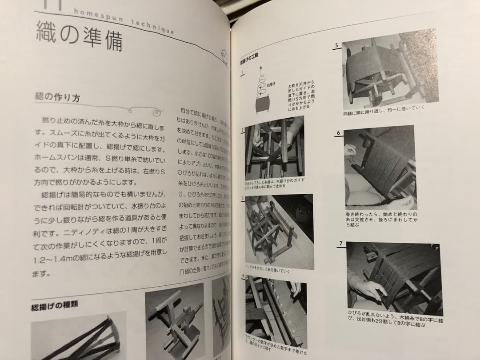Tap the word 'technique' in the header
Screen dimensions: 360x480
[152, 26]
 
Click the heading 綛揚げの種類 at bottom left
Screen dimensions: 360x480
[55, 306]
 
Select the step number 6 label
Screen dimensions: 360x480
[338, 133]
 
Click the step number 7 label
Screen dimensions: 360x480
[340, 244]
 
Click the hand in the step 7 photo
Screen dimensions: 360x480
[367, 288]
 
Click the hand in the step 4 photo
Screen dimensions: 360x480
[295, 289]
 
